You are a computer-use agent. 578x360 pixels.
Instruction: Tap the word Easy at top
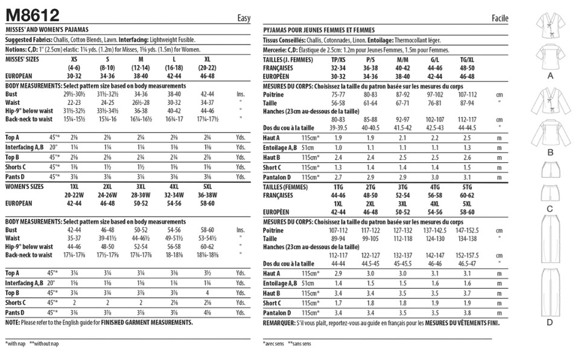(243, 18)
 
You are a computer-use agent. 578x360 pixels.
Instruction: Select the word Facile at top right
(500, 18)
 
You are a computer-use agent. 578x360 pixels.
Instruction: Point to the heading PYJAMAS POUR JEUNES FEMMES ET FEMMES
(319, 30)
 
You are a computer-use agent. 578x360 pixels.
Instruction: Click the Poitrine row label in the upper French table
(275, 95)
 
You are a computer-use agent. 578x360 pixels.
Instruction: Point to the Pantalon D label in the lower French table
(278, 313)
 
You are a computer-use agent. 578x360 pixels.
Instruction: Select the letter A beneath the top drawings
(550, 77)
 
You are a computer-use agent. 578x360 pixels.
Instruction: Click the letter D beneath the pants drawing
(550, 324)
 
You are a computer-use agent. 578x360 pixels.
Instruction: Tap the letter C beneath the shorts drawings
(550, 209)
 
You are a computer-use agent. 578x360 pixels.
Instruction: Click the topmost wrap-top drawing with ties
(550, 27)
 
